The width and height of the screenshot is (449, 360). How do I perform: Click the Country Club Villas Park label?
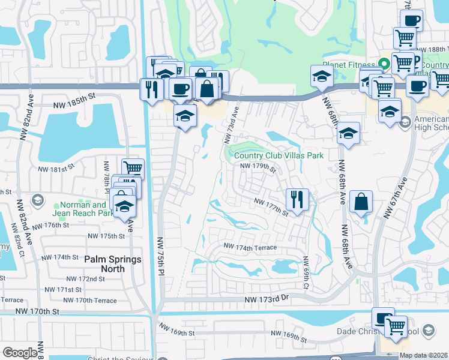point(274,155)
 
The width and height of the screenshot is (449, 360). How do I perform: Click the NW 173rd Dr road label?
point(267,299)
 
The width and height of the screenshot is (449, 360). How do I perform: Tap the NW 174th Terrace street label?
point(250,247)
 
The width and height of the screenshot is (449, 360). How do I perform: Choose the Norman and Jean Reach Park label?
point(88,209)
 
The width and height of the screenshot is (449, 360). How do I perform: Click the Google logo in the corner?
point(20,353)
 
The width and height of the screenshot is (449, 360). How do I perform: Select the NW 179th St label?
point(258,167)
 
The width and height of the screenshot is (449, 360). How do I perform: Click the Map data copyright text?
point(423,355)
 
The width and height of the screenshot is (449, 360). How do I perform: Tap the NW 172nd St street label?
point(85,279)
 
